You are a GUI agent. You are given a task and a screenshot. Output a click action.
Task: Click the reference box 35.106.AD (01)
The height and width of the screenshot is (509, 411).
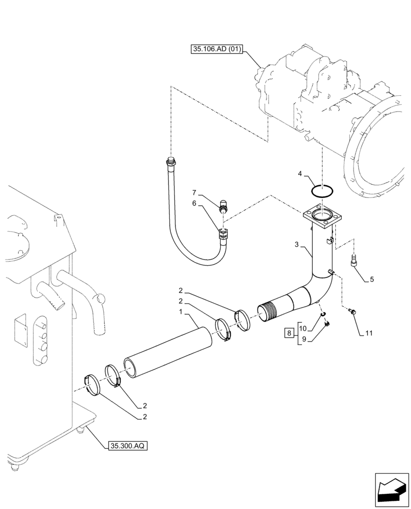pos(217,49)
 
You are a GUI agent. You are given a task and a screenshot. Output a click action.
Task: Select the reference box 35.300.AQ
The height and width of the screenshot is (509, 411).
pos(127,446)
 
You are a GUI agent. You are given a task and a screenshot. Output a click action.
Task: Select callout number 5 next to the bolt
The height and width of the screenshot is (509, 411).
pos(372,279)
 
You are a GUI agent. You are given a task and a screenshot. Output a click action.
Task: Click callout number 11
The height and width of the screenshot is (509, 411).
pos(369,333)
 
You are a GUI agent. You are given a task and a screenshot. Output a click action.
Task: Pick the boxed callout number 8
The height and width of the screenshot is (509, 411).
pos(289,334)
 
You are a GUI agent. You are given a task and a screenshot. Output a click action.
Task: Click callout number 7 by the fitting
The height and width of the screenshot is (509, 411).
pos(194,192)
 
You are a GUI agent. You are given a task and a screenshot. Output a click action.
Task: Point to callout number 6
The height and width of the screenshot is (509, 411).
pos(194,203)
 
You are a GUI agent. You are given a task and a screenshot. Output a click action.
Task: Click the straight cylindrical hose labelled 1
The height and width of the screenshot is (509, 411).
pos(168,352)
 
